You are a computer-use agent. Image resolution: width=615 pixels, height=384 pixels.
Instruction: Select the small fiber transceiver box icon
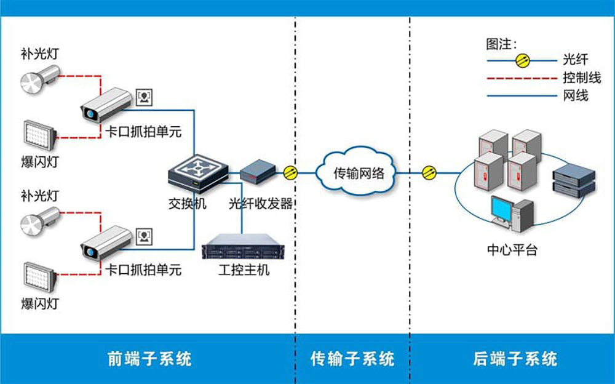pyautogui.click(x=256, y=170)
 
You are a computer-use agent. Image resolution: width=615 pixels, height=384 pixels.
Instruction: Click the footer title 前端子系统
pyautogui.click(x=149, y=358)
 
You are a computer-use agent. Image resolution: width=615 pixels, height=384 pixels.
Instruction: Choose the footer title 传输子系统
pyautogui.click(x=352, y=358)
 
